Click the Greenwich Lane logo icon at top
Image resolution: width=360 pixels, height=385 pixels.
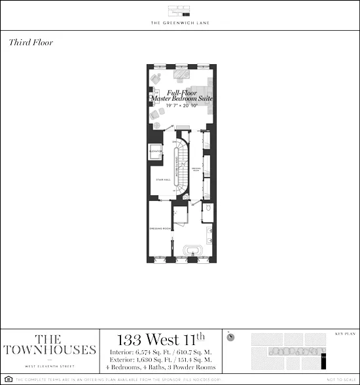tap(179, 11)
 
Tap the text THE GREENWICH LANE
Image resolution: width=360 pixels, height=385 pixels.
tap(180, 24)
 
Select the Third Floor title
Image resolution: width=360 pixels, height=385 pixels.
tap(31, 43)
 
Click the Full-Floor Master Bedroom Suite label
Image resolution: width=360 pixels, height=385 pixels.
tap(181, 96)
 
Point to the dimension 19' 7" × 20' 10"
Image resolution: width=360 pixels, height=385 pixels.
tap(180, 105)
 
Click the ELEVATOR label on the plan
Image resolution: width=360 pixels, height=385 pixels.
tap(156, 151)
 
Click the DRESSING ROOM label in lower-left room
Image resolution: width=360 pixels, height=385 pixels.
tap(159, 229)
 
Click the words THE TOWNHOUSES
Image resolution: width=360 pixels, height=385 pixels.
tap(49, 344)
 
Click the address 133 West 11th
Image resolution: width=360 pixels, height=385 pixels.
tap(160, 340)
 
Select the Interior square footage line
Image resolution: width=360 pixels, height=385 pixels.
tap(160, 353)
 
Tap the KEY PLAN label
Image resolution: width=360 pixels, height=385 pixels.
tap(344, 333)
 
